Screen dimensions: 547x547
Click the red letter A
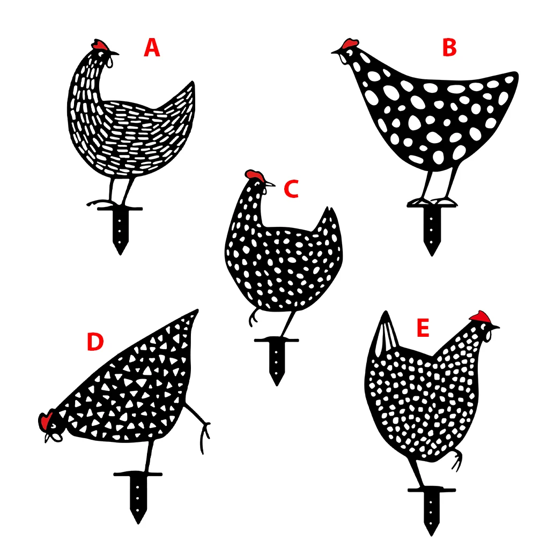(x=152, y=48)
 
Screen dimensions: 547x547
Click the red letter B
(x=449, y=48)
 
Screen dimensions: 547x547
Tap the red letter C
(x=291, y=189)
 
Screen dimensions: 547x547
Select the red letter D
(x=95, y=343)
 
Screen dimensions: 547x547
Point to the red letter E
(x=423, y=329)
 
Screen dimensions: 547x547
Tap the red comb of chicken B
(x=351, y=43)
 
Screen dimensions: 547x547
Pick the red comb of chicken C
(x=254, y=175)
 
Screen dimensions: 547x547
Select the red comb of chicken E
(x=481, y=316)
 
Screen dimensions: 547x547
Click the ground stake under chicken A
(x=120, y=231)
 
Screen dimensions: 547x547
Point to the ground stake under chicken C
(x=277, y=360)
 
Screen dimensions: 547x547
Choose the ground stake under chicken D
(x=138, y=497)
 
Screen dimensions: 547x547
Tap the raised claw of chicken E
(x=457, y=460)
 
